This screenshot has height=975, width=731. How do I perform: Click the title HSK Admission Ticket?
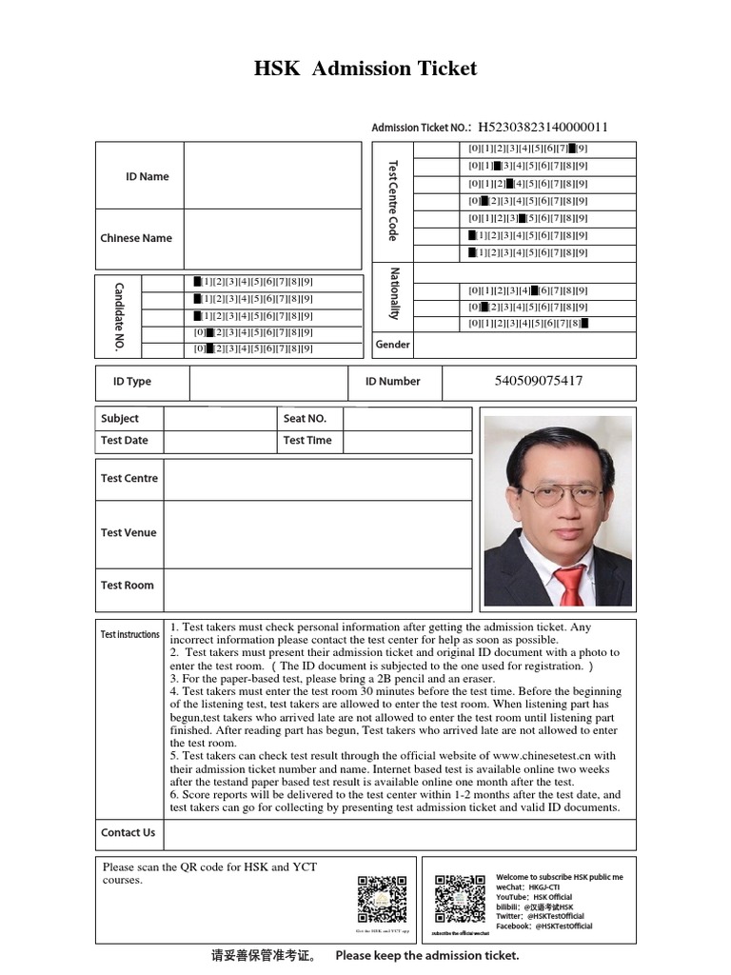tap(365, 69)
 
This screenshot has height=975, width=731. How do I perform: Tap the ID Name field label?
tap(147, 176)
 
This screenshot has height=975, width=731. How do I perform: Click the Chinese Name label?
tap(136, 238)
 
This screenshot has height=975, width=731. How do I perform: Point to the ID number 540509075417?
tap(539, 381)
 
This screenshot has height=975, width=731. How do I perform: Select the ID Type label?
tap(132, 382)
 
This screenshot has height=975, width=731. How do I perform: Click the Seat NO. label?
tap(305, 419)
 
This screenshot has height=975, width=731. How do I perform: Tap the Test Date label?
tap(125, 441)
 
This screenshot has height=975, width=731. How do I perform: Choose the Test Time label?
tap(307, 441)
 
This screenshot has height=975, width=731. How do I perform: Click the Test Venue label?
tap(128, 533)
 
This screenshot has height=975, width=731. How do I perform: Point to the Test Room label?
tap(127, 586)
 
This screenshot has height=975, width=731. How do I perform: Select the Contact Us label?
tap(128, 832)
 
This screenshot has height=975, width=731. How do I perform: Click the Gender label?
tap(392, 345)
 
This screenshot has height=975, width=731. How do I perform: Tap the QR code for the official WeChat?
tap(459, 896)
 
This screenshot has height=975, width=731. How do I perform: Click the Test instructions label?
tap(130, 634)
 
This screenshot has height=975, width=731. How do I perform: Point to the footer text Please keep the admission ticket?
tap(427, 955)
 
